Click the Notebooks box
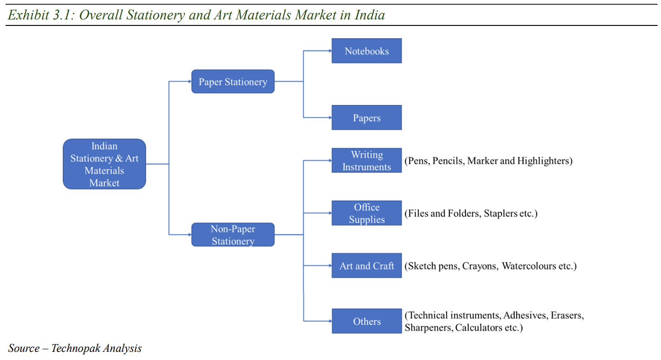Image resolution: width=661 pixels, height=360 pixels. [x=366, y=51]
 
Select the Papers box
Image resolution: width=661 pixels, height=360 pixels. [x=366, y=118]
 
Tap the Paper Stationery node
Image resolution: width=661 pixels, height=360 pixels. [x=232, y=82]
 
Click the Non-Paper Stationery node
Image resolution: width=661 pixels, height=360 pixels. [x=232, y=235]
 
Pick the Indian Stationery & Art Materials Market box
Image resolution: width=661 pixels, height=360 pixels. [x=104, y=164]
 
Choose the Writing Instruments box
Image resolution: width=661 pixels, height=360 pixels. [x=366, y=161]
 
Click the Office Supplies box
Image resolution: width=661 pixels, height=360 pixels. [x=366, y=213]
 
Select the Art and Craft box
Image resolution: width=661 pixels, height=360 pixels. [x=366, y=266]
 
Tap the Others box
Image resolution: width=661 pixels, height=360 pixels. [x=366, y=321]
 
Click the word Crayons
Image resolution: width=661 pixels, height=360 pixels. [x=480, y=266]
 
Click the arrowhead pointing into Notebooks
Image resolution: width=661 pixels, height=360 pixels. [x=330, y=51]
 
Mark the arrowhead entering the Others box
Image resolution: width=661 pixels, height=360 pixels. [x=330, y=321]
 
